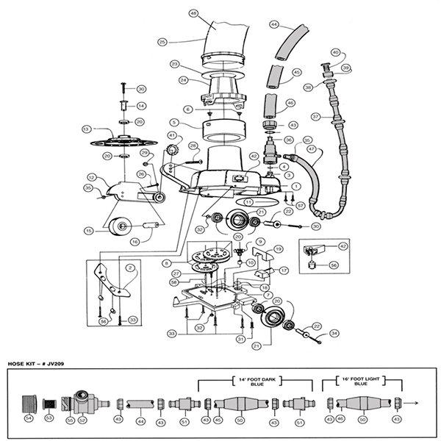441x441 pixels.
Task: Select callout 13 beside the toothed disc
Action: pyautogui.click(x=86, y=129)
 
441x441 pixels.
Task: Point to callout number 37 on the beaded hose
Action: pyautogui.click(x=315, y=116)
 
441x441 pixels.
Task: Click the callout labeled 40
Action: pyautogui.click(x=334, y=53)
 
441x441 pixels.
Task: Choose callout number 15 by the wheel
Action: pyautogui.click(x=87, y=230)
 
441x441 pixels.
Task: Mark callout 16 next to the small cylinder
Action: pyautogui.click(x=135, y=240)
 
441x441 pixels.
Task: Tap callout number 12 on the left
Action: pyautogui.click(x=92, y=177)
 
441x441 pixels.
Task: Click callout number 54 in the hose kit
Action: pyautogui.click(x=29, y=417)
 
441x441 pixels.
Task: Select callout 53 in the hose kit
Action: pyautogui.click(x=50, y=417)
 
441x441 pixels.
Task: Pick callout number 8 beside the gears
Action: pyautogui.click(x=167, y=262)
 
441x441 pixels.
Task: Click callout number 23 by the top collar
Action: pyautogui.click(x=175, y=64)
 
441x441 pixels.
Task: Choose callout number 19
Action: pyautogui.click(x=278, y=250)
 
